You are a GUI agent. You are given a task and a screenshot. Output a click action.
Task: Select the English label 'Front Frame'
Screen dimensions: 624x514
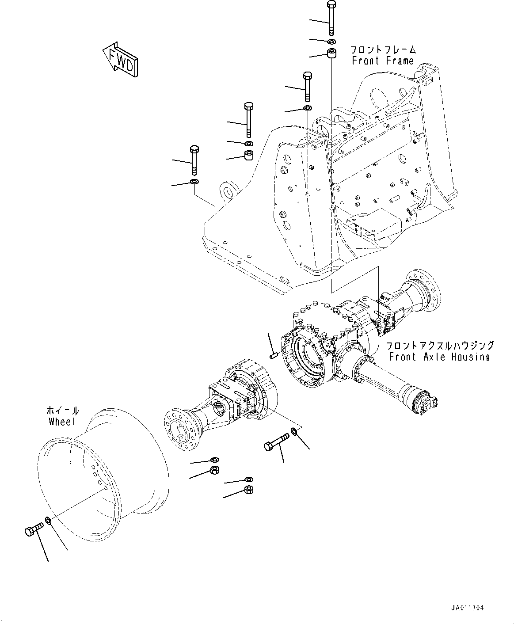point(383,61)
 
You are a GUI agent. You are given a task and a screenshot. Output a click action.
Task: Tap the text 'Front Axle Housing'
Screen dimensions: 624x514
point(439,357)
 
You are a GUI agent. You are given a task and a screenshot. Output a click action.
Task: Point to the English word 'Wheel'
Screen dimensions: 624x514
point(62,422)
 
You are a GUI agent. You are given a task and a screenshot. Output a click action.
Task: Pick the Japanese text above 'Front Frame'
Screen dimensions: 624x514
point(383,49)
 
